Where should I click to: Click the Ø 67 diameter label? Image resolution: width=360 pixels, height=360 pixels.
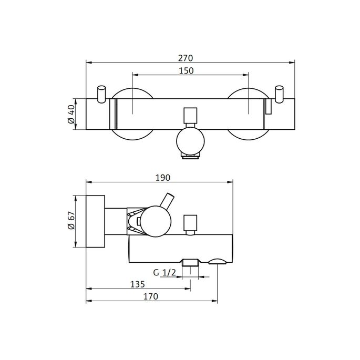[x=71, y=222]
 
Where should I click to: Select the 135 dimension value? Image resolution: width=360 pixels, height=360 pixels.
[x=137, y=284]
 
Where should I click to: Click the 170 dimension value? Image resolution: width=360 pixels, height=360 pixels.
[x=150, y=296]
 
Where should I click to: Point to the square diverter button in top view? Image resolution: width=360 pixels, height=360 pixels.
[x=190, y=116]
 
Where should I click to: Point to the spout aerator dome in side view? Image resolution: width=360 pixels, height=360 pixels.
[x=216, y=261]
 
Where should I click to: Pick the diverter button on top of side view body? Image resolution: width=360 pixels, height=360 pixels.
[x=190, y=223]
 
